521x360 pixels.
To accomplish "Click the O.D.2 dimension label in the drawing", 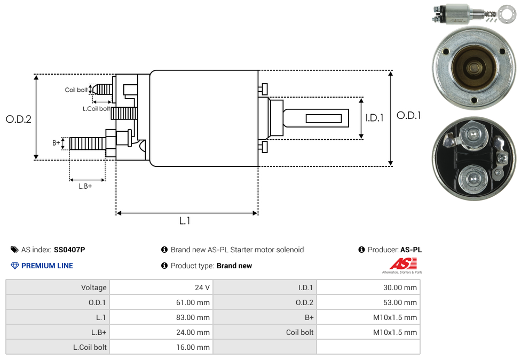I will point(19,119).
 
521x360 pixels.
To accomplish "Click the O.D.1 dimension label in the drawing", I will point(408,115).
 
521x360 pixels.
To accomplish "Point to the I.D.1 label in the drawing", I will point(374,118).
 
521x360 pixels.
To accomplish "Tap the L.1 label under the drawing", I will point(185,221).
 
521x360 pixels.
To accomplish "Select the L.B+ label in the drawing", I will point(85,186).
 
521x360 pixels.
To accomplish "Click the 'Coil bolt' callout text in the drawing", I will point(76,90).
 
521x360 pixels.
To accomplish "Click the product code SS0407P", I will point(69,250).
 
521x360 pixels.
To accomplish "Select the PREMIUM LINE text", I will point(47,266).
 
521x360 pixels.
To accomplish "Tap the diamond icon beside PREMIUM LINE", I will point(15,266).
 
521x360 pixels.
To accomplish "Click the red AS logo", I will point(402,263).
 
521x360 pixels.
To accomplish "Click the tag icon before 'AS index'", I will point(14,250).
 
